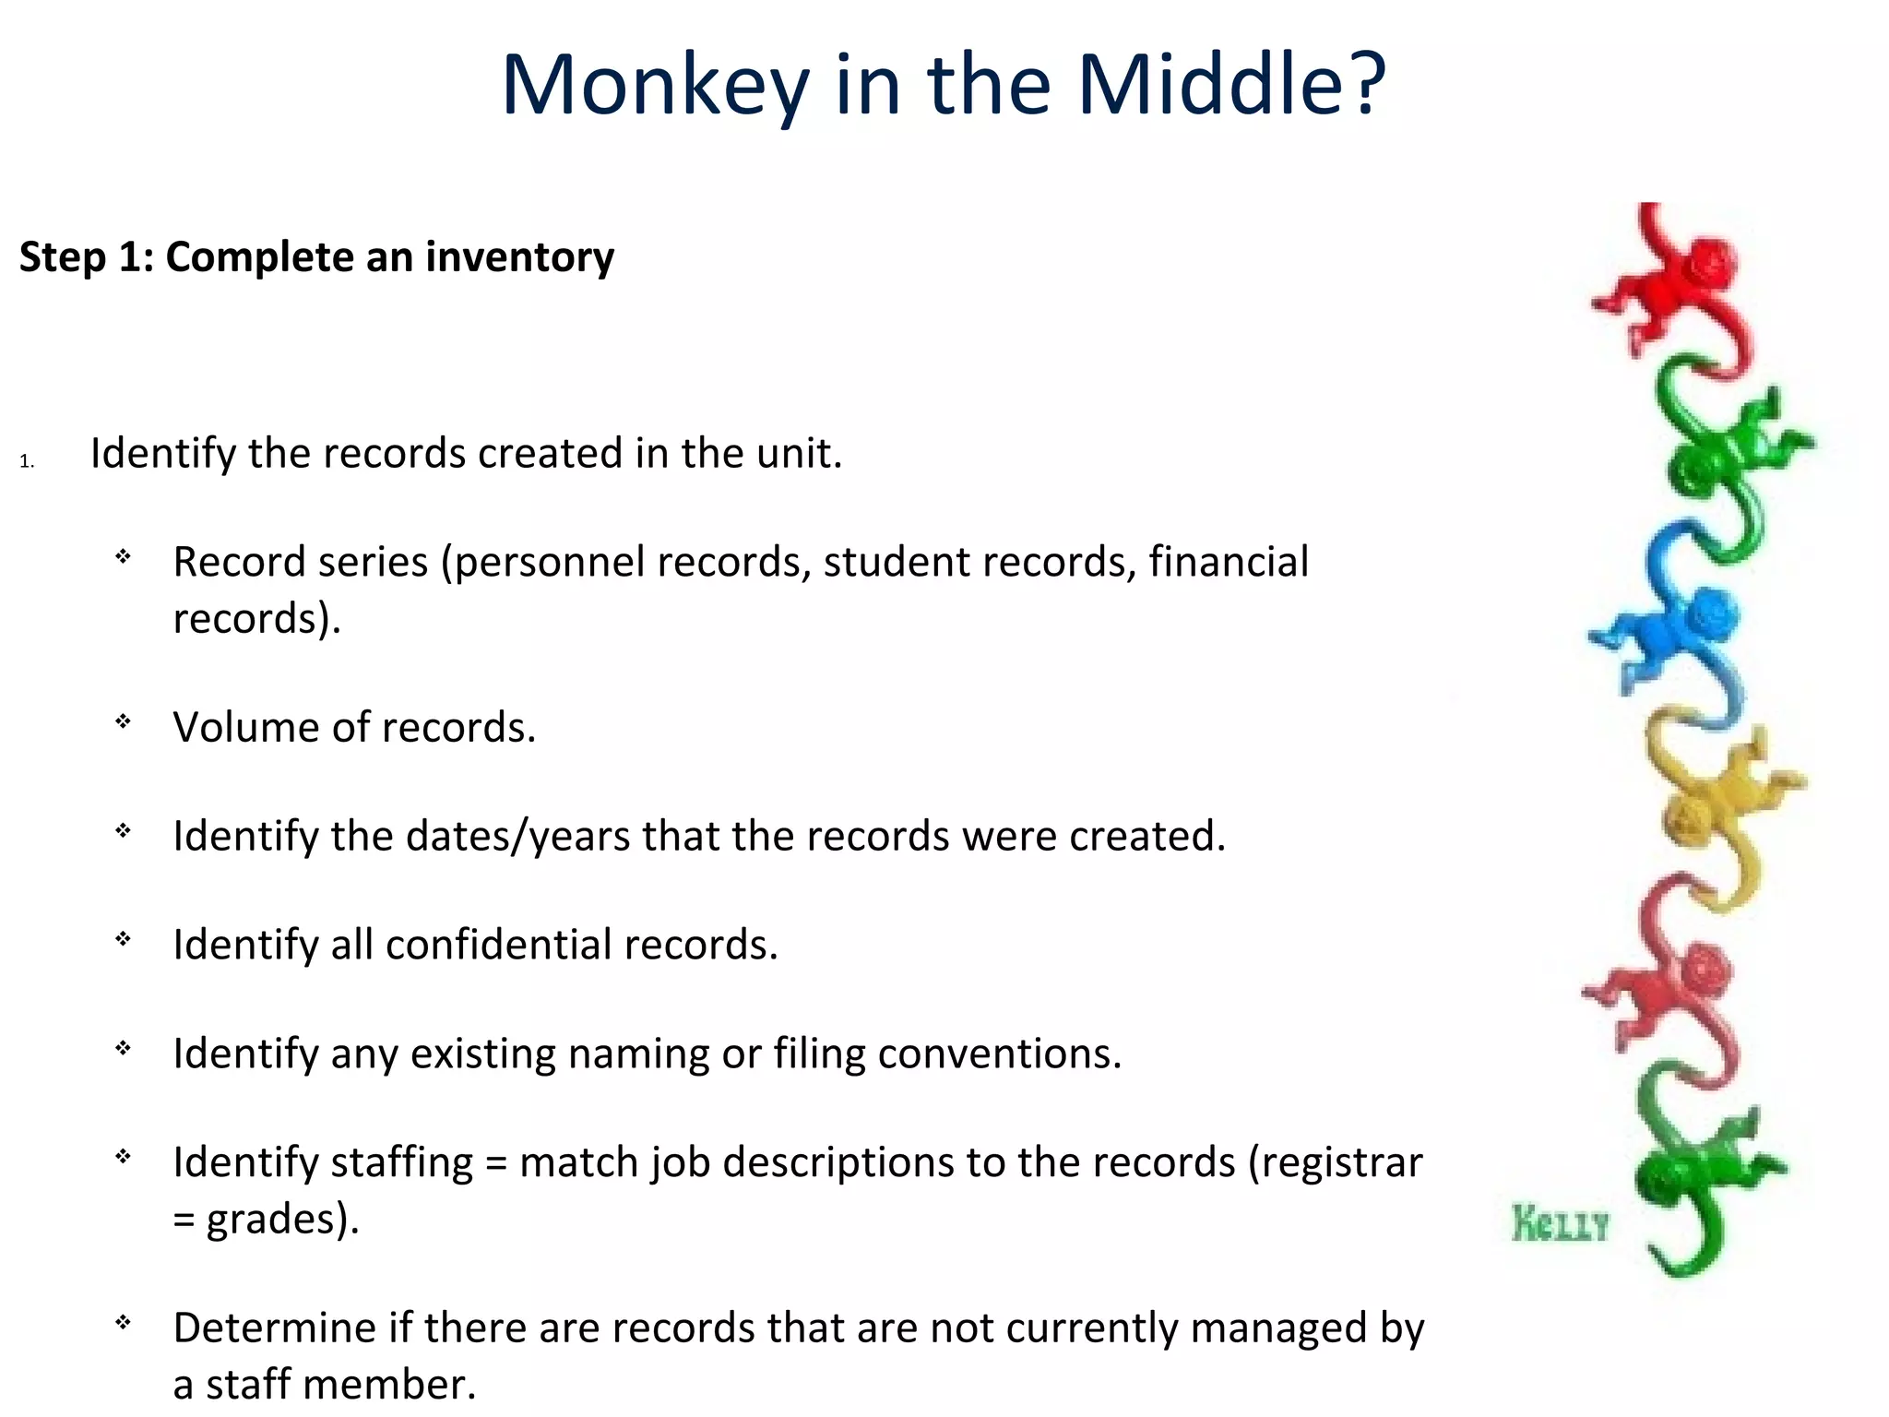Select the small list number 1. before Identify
click(x=26, y=461)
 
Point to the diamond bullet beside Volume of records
click(x=123, y=721)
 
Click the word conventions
click(x=999, y=1054)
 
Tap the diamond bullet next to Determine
click(x=123, y=1322)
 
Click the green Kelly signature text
click(x=1559, y=1225)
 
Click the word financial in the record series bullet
click(x=1228, y=562)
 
